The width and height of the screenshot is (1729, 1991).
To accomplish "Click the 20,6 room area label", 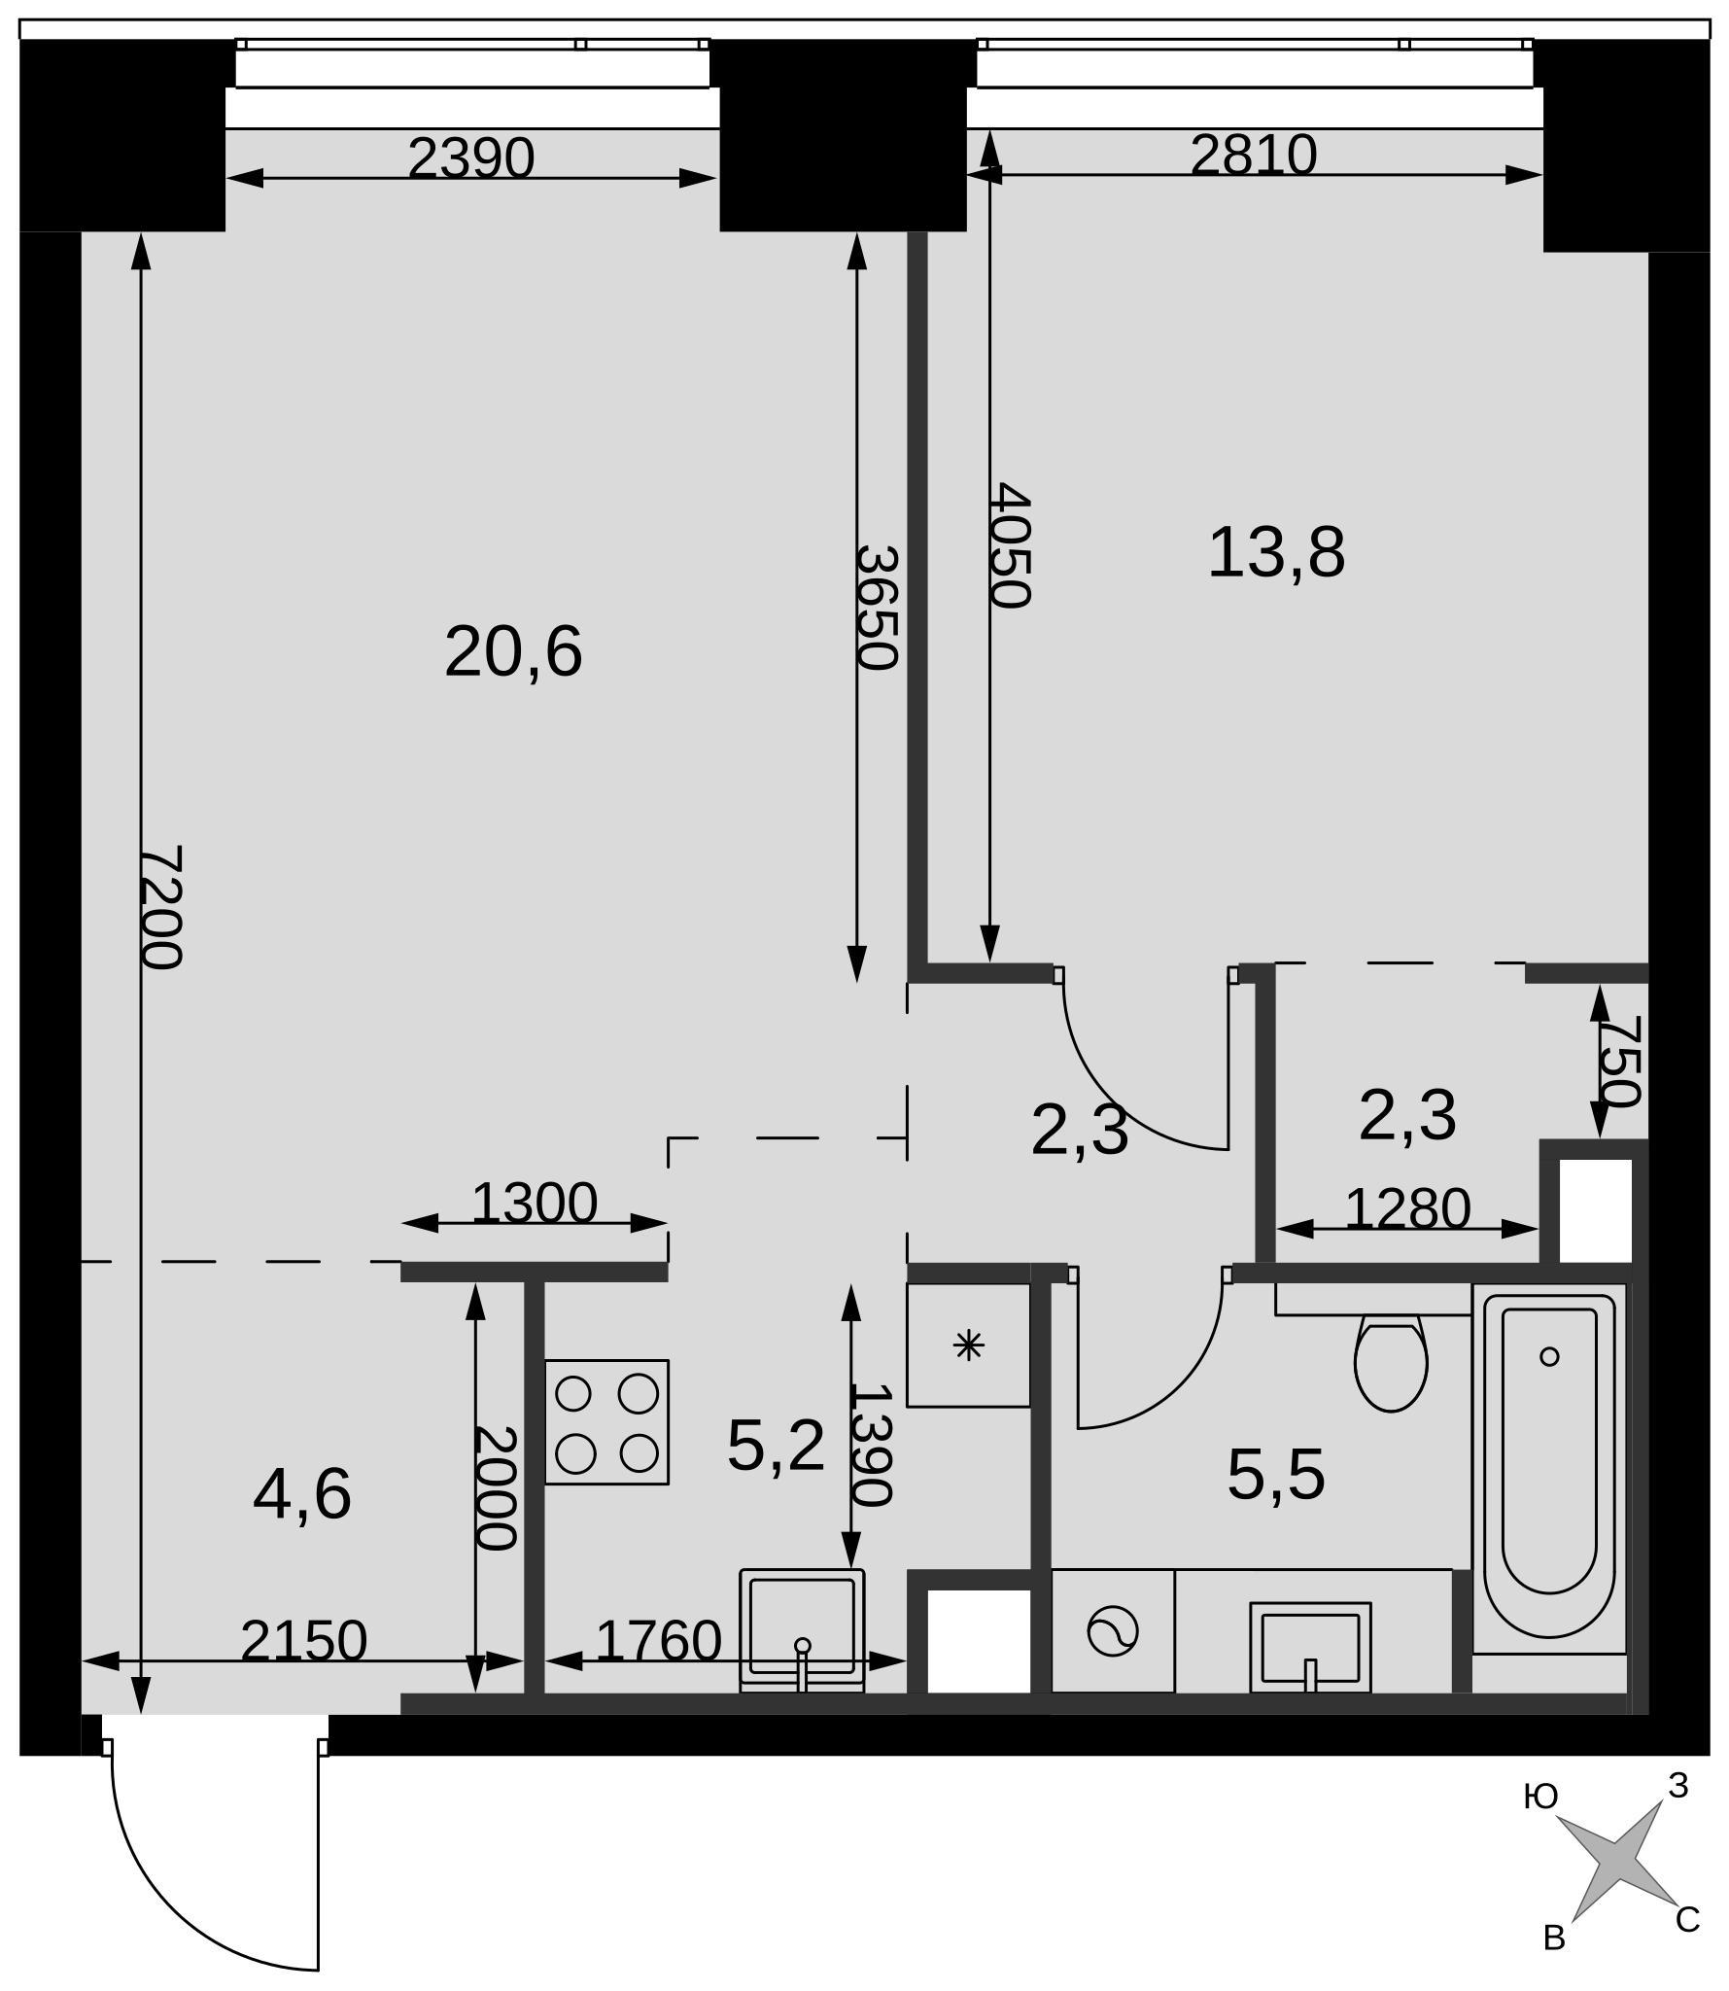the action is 513,652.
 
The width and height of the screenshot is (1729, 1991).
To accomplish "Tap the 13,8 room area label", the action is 1276,553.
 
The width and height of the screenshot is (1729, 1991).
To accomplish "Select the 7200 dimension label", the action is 161,907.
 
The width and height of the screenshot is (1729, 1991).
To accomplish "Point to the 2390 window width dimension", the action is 471,157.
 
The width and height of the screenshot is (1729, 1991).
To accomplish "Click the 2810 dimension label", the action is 1254,155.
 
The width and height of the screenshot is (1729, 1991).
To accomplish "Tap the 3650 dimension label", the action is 876,608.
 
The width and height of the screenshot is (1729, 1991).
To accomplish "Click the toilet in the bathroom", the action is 1391,1362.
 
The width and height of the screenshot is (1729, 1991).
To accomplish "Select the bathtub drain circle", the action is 1549,1356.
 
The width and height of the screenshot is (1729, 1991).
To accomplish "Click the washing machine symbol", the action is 1113,1630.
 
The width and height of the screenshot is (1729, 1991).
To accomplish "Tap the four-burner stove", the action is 606,1422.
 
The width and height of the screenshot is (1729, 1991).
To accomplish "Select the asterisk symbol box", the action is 968,1345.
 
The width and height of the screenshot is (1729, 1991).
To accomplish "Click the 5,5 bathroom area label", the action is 1276,1475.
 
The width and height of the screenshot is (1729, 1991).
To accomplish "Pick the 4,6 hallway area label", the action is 302,1494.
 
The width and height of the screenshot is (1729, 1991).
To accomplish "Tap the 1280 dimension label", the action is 1407,1208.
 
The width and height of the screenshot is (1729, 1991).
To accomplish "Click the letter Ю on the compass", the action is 1541,1798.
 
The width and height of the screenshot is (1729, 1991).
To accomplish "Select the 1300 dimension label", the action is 534,1203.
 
